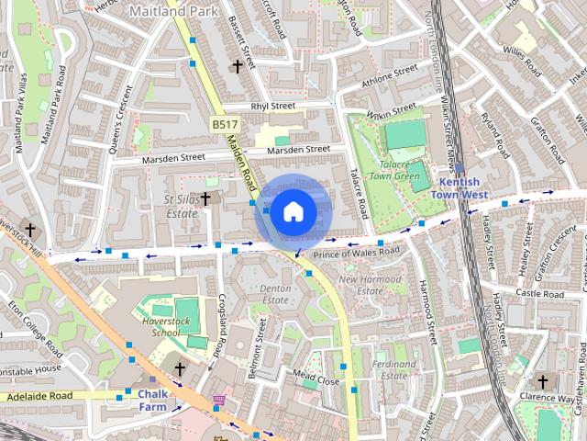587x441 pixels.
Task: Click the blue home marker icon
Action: pos(293,211)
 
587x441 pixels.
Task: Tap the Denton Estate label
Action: pos(275,294)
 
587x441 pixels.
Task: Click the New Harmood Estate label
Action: pos(372,285)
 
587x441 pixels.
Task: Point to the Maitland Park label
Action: pos(168,12)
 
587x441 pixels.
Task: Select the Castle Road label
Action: pos(539,292)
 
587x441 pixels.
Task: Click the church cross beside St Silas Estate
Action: pos(205,198)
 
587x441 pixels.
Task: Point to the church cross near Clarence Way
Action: pos(542,381)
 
